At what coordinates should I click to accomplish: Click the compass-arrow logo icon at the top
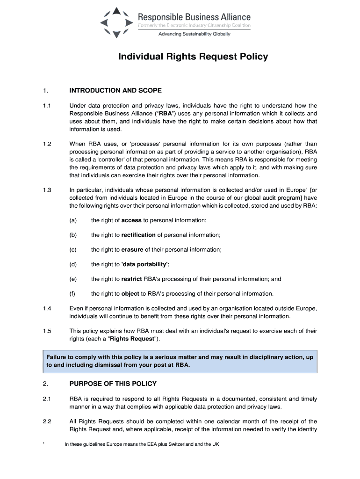tap(117, 22)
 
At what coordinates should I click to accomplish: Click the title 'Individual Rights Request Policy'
tap(193, 57)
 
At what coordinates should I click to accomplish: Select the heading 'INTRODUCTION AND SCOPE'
tap(115, 90)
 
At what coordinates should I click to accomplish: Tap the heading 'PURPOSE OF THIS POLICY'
tap(113, 384)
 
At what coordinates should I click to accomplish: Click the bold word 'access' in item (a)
tap(131, 220)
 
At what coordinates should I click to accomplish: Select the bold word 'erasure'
tap(132, 249)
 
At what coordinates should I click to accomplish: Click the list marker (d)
tap(73, 264)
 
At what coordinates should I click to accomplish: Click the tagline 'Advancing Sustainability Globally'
tap(194, 34)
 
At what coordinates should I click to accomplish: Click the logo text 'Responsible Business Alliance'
tap(194, 17)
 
